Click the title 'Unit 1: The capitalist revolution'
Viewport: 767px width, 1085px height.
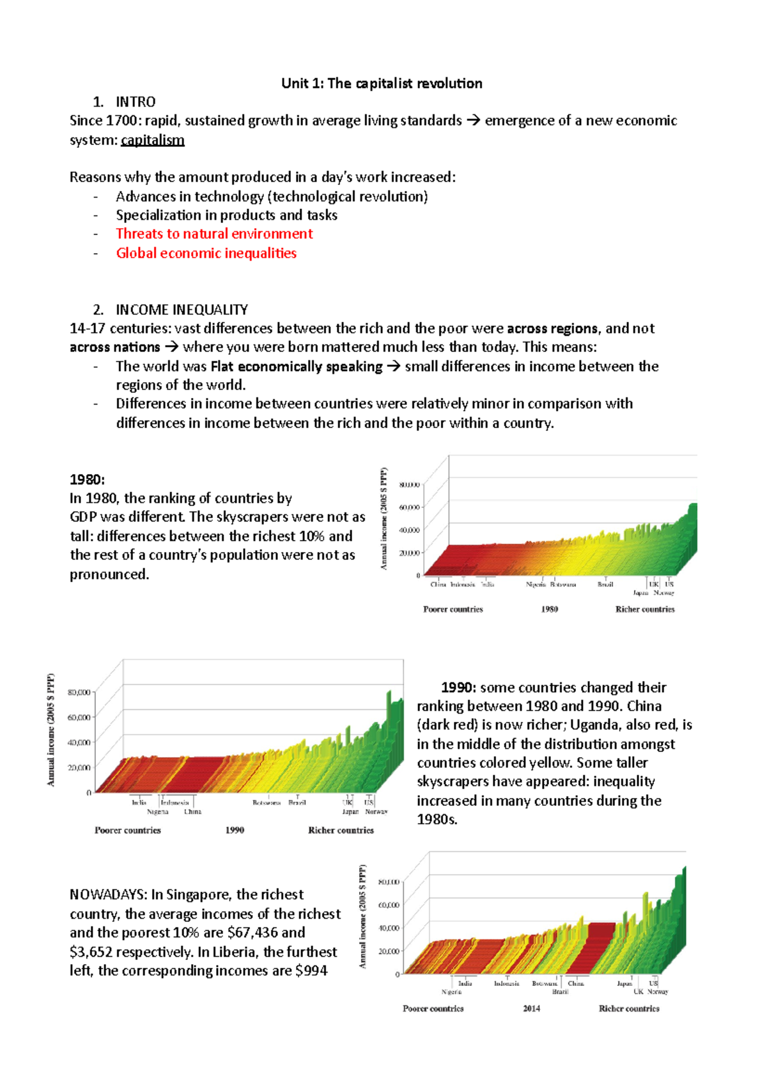[382, 83]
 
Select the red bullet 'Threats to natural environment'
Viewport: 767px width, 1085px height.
[214, 234]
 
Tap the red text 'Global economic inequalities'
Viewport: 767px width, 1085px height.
[206, 253]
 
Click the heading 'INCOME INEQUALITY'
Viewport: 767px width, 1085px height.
[182, 310]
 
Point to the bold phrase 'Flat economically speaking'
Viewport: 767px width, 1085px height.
[296, 367]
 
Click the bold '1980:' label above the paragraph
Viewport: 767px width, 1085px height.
[87, 480]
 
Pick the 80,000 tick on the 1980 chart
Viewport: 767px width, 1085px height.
[409, 485]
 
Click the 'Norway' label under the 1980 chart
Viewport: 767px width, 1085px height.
[663, 593]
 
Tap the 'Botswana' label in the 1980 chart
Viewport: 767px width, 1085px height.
[563, 584]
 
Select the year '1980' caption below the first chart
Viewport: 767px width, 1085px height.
[549, 609]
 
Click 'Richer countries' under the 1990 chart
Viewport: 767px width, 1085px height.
[341, 830]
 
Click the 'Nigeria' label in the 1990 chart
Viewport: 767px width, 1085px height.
[157, 812]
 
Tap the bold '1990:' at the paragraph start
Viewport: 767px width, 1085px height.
[458, 688]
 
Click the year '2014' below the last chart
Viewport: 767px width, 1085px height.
[531, 1008]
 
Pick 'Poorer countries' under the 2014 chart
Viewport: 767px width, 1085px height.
[433, 1008]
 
